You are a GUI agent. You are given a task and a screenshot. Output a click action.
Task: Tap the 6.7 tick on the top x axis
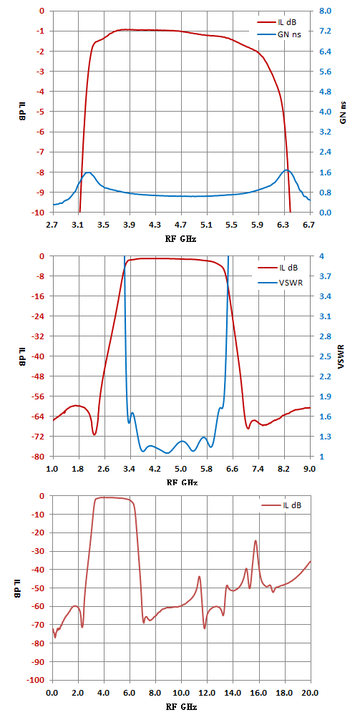click(x=308, y=226)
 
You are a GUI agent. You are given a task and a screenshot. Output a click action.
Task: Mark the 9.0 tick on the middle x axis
click(x=308, y=468)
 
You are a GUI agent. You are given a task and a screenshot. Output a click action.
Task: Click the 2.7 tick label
click(x=53, y=226)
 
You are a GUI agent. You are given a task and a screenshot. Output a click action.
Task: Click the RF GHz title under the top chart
click(x=181, y=240)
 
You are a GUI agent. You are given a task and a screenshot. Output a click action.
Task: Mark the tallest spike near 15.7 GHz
click(x=255, y=540)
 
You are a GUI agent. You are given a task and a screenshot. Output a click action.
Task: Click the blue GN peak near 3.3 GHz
click(x=88, y=172)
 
